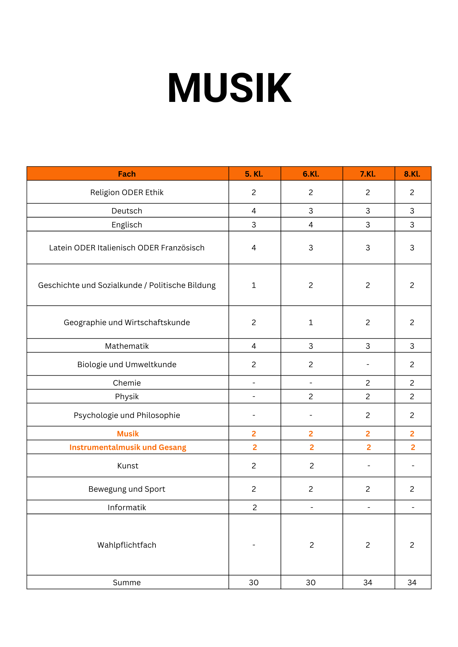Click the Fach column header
(127, 174)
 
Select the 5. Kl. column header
(254, 174)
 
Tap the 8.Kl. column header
(412, 174)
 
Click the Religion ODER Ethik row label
(127, 192)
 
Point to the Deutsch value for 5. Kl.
(254, 211)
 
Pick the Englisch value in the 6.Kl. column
(311, 225)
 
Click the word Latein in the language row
(60, 248)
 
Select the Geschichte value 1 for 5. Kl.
(254, 285)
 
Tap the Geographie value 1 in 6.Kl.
(311, 323)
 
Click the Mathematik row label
(127, 346)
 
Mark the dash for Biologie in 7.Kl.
(368, 365)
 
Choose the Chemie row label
(127, 383)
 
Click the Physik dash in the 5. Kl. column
(254, 397)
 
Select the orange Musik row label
(128, 434)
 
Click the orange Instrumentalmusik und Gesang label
(128, 447)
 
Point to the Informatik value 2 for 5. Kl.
(255, 508)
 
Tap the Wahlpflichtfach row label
(127, 545)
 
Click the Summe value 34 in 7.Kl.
(368, 583)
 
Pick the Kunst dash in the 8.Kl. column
(413, 466)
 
